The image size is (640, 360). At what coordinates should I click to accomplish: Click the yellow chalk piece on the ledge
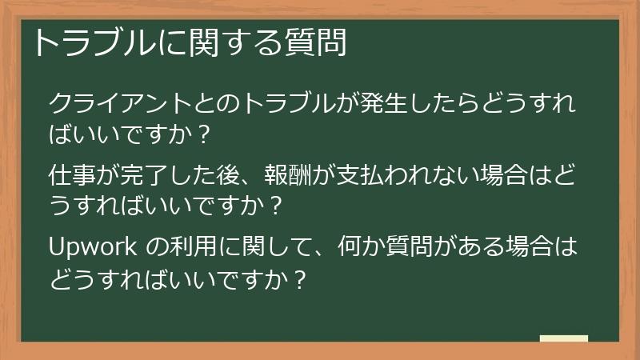coord(564,338)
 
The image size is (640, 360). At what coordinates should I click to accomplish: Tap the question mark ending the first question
coord(203,133)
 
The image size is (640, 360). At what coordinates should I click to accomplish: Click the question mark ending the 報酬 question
coord(275,206)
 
